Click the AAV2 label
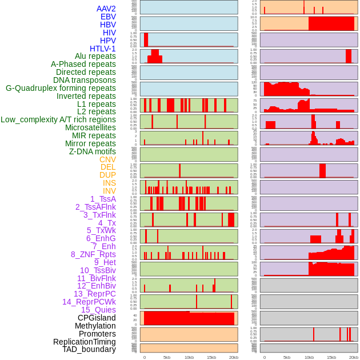point(106,9)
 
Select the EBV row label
point(108,17)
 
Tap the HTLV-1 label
point(102,49)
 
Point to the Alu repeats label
point(91,57)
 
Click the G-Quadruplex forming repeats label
point(61,88)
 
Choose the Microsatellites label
point(90,127)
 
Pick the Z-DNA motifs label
point(92,151)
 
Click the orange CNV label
point(107,159)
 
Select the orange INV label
point(109,191)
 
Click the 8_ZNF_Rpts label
point(93,254)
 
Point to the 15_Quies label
point(98,310)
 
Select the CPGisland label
point(97,318)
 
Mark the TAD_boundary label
point(89,349)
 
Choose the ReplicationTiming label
point(84,342)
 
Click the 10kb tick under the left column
point(189,357)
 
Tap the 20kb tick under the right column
point(354,357)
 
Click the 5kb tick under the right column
point(287,357)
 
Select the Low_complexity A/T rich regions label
point(58,119)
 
